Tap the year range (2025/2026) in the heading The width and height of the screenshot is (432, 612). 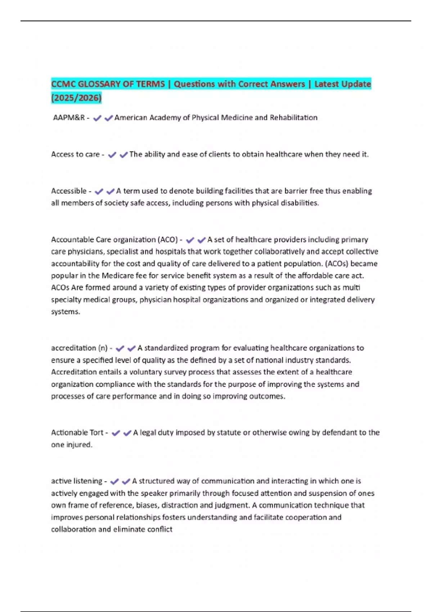point(76,98)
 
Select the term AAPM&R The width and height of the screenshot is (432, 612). point(69,118)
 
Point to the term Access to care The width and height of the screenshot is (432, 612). point(75,154)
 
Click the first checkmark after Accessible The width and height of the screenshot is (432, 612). point(99,192)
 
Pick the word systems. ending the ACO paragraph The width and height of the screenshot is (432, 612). point(66,312)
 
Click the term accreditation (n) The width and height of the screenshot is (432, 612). point(79,348)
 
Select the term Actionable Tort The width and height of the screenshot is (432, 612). point(77,433)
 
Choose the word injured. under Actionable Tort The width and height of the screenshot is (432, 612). point(79,445)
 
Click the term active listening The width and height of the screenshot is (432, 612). point(77,481)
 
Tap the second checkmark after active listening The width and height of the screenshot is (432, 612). point(126,482)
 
